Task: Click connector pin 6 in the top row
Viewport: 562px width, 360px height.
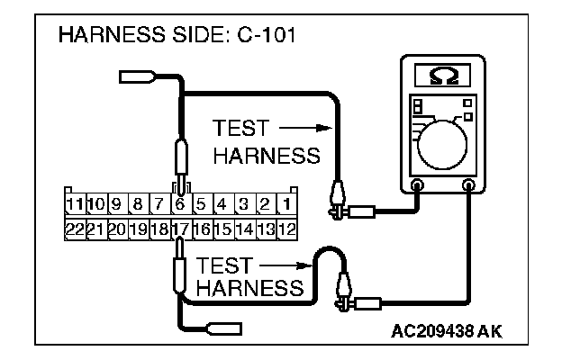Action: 181,205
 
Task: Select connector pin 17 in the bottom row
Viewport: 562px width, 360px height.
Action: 181,229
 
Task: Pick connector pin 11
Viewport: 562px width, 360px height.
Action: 75,205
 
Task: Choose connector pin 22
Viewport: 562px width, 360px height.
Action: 75,229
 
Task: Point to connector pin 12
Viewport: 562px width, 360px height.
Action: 287,229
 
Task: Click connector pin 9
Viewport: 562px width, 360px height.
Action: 117,205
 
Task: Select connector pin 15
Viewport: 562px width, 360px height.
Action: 223,229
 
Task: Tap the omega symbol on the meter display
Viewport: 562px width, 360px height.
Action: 442,75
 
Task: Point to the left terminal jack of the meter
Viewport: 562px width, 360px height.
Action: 417,186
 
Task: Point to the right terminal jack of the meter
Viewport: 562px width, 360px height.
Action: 468,186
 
